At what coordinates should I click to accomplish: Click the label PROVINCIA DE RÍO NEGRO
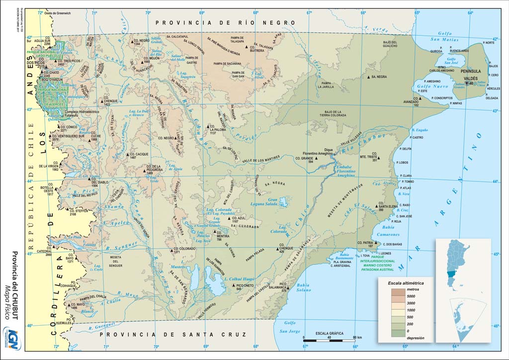pos(226,23)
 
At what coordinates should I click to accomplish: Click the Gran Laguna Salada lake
pos(283,202)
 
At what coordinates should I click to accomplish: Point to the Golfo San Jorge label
pos(289,327)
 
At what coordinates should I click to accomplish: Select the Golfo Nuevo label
pos(436,87)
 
